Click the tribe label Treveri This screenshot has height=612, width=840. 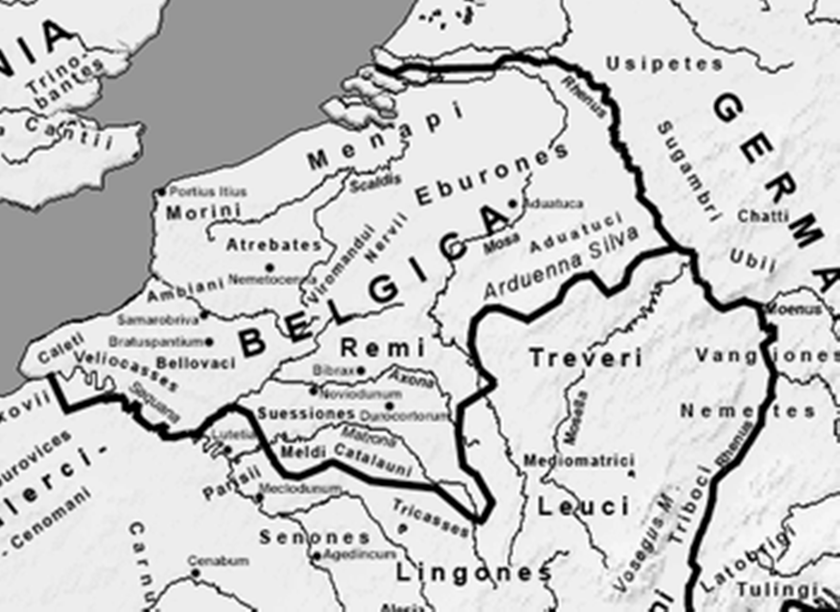pyautogui.click(x=586, y=358)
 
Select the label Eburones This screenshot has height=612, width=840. pyautogui.click(x=492, y=174)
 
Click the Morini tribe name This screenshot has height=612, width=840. pyautogui.click(x=203, y=213)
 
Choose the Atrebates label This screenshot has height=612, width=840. pyautogui.click(x=274, y=245)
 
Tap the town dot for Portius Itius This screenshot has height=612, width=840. pyautogui.click(x=161, y=192)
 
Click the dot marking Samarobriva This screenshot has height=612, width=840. pyautogui.click(x=204, y=315)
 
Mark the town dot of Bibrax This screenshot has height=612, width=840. pyautogui.click(x=361, y=371)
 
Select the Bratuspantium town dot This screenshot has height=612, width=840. pyautogui.click(x=210, y=342)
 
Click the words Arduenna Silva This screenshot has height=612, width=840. pyautogui.click(x=561, y=263)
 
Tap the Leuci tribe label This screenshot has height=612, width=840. pyautogui.click(x=584, y=507)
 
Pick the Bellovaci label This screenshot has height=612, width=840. pyautogui.click(x=196, y=363)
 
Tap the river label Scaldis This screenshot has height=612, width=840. pyautogui.click(x=375, y=183)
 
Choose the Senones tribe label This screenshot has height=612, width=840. pyautogui.click(x=314, y=538)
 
